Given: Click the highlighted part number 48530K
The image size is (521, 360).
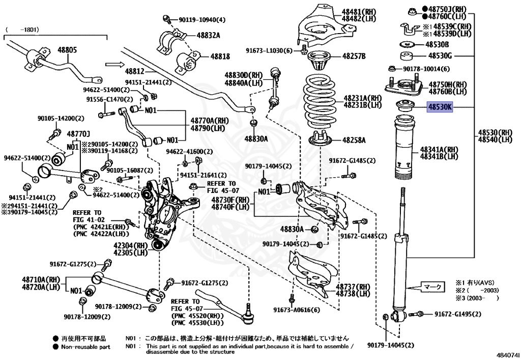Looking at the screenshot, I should tap(439, 107).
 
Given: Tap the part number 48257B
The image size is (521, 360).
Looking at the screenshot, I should tap(354, 56).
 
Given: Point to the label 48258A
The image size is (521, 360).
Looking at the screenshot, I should tap(354, 139).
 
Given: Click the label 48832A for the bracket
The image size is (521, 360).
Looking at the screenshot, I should tap(208, 35).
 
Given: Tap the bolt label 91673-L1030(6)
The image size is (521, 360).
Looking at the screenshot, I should tap(270, 50).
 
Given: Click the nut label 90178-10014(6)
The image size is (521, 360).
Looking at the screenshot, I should tap(426, 69).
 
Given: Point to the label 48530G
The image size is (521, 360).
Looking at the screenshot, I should tap(440, 56).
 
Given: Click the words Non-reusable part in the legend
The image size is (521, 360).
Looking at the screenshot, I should tap(85, 346).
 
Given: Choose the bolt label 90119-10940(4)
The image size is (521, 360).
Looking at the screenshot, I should tap(202, 20).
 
